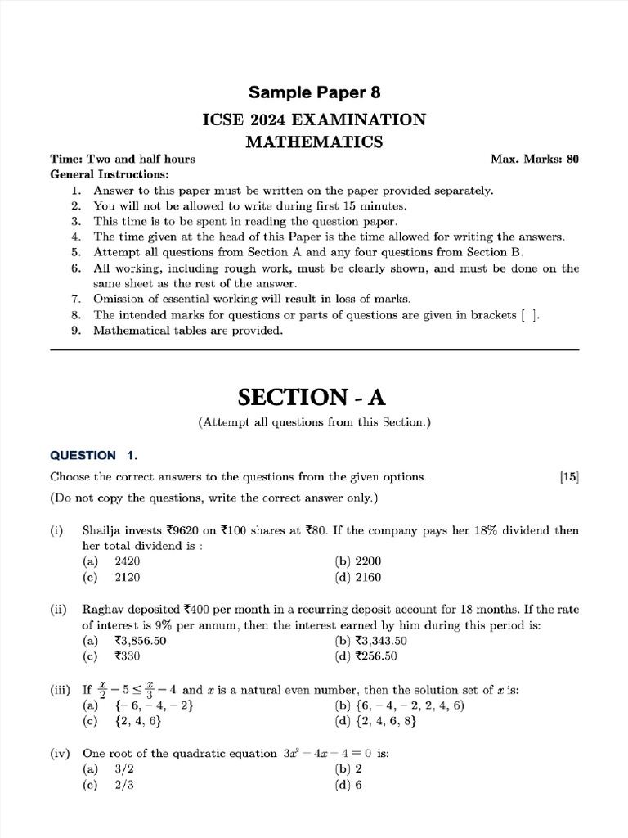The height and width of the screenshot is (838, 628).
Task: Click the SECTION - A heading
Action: pos(311,397)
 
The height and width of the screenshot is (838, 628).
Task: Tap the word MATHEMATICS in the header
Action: pos(315,142)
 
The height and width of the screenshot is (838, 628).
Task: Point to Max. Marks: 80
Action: pos(534,159)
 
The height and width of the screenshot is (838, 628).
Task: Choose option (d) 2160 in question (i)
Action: pos(358,577)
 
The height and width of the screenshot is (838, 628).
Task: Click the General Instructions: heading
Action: pos(110,174)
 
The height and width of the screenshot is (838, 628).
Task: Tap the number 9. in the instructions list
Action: pos(75,331)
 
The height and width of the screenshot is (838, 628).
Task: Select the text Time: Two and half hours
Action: pos(123,159)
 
